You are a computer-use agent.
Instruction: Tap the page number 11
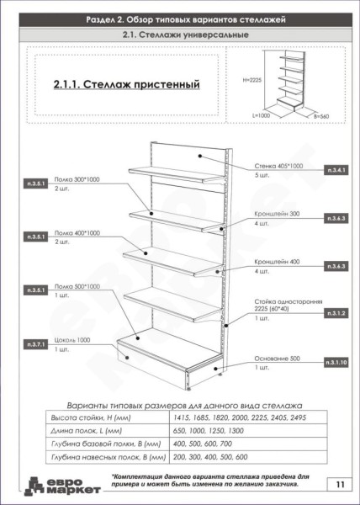point(338,484)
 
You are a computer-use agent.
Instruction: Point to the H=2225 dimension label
point(254,80)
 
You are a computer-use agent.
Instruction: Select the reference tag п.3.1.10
point(336,361)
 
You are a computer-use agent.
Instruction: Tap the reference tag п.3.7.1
point(35,345)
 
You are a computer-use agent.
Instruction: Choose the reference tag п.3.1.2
point(336,312)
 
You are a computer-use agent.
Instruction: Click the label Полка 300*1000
point(77,180)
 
